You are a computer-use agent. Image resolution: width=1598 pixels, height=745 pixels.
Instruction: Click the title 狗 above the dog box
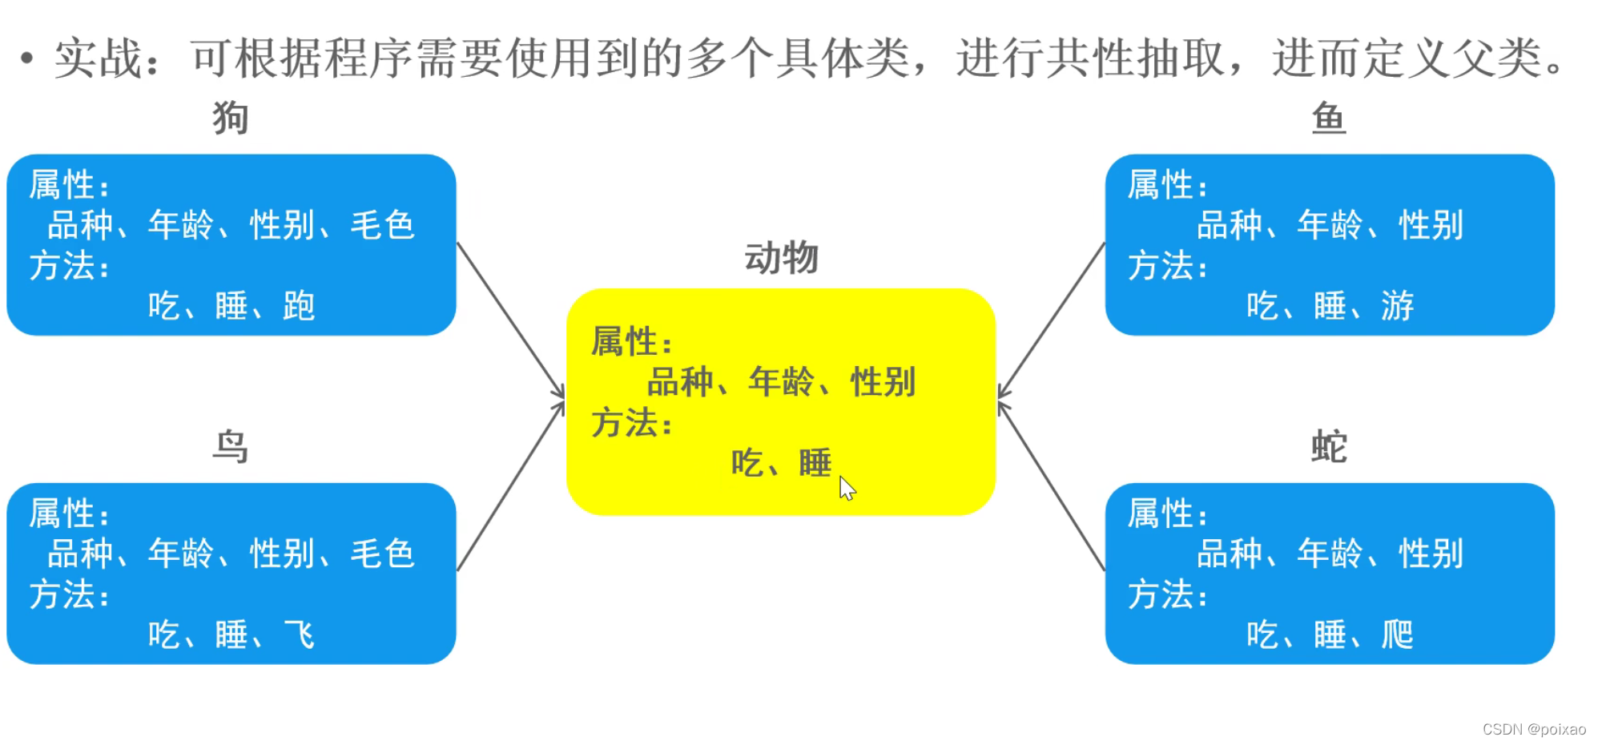(230, 118)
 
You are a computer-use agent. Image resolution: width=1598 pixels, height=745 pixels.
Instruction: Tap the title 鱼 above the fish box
(1328, 118)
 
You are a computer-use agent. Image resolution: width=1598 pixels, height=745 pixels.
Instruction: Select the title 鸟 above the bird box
(230, 446)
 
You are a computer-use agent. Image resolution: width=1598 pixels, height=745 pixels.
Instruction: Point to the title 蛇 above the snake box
(1328, 446)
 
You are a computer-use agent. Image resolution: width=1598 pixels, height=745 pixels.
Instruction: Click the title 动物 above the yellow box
(781, 258)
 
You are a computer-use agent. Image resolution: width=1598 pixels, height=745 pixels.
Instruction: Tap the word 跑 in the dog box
(299, 306)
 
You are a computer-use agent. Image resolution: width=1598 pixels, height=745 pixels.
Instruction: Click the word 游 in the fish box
(1397, 306)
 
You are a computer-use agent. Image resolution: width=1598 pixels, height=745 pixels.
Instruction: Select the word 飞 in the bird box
(299, 634)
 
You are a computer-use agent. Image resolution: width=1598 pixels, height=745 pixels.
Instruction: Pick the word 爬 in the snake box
(1397, 634)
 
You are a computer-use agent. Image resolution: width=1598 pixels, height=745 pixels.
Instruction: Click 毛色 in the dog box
(382, 225)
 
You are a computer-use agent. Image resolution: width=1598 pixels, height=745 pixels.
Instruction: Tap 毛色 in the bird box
(382, 554)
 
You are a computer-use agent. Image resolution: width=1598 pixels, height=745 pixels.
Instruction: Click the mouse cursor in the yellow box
(847, 487)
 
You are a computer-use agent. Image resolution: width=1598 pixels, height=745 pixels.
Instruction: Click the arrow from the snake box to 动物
(1051, 485)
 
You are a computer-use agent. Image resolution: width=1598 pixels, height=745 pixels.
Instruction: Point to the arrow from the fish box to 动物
(1051, 320)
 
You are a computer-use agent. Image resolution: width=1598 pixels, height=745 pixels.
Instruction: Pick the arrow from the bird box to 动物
(510, 485)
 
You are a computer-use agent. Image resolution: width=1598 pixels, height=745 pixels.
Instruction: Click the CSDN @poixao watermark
(1533, 729)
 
